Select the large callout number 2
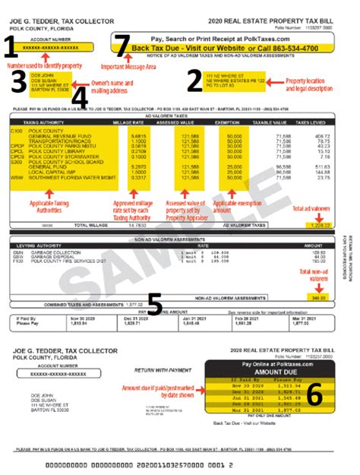195,81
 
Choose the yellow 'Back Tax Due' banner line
225,48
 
